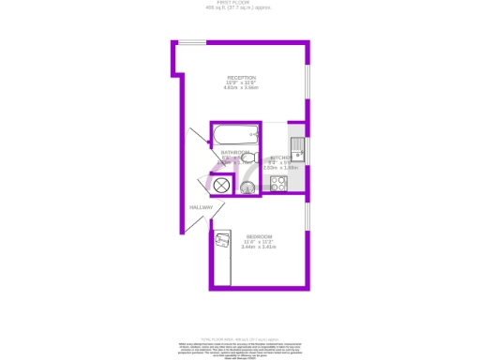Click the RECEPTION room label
(241, 78)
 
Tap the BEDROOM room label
(259, 235)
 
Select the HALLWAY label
(201, 207)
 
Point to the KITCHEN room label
(281, 157)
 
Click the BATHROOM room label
(234, 152)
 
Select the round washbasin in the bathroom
(247, 187)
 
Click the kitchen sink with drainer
(297, 148)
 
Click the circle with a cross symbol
(222, 185)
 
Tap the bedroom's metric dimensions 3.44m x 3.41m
(259, 247)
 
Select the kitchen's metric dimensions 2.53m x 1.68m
(281, 167)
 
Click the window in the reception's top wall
(192, 42)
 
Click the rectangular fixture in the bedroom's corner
(221, 243)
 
